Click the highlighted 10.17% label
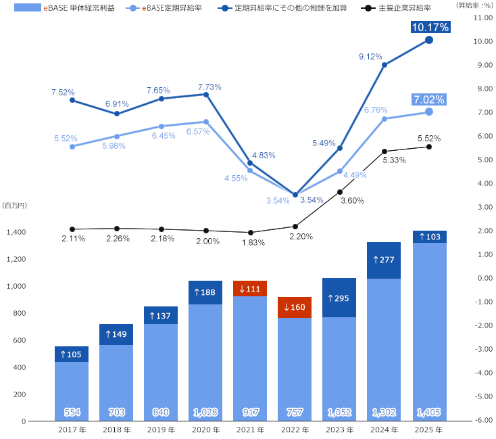[428, 28]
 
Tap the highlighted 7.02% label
[428, 99]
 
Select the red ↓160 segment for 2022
[295, 307]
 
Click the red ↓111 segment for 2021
[250, 288]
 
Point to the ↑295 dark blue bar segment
[339, 298]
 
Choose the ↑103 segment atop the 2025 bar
[428, 237]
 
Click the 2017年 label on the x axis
[72, 430]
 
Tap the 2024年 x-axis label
[384, 430]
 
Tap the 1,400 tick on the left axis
[16, 232]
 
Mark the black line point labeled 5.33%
[384, 152]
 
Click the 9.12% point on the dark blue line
[384, 65]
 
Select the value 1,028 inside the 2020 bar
[205, 412]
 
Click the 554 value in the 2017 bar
[72, 412]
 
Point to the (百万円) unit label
[14, 205]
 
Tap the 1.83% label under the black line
[253, 243]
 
